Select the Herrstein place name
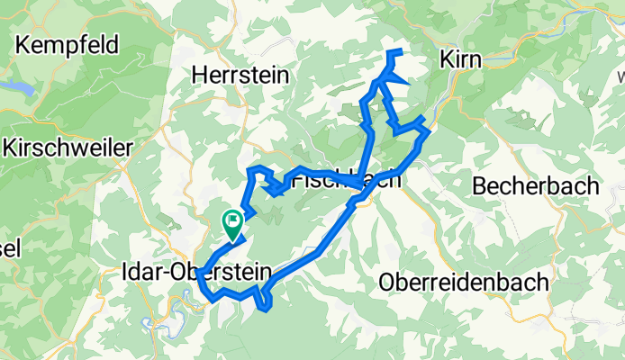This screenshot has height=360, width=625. click(x=241, y=76)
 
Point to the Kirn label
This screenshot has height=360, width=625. click(x=462, y=59)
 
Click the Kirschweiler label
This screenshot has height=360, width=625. click(x=67, y=147)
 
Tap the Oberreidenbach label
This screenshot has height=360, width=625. click(x=465, y=282)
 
